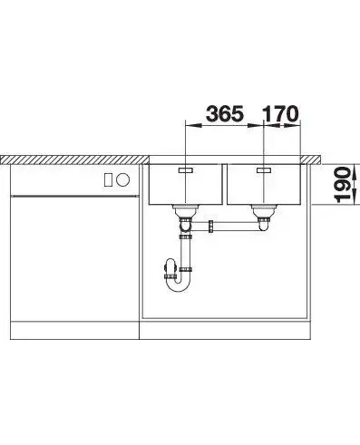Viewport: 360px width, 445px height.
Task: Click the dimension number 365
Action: pos(225,113)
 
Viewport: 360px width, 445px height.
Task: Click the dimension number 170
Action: pos(280,113)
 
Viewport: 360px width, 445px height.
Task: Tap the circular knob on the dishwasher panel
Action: pos(123,180)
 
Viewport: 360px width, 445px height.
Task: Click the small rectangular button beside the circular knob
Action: pos(108,180)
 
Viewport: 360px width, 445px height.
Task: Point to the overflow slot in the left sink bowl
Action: pos(186,170)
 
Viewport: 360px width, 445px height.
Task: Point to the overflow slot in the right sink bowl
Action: pos(264,170)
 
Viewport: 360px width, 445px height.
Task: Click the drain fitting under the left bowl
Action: pos(185,212)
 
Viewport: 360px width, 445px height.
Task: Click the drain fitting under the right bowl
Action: pos(264,212)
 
